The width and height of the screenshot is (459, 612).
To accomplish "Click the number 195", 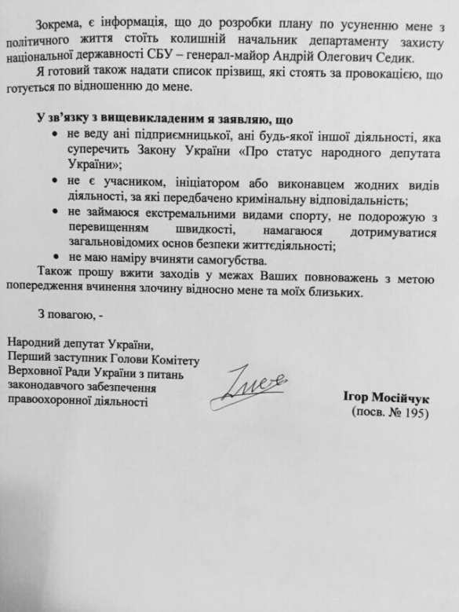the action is click(x=410, y=412).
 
